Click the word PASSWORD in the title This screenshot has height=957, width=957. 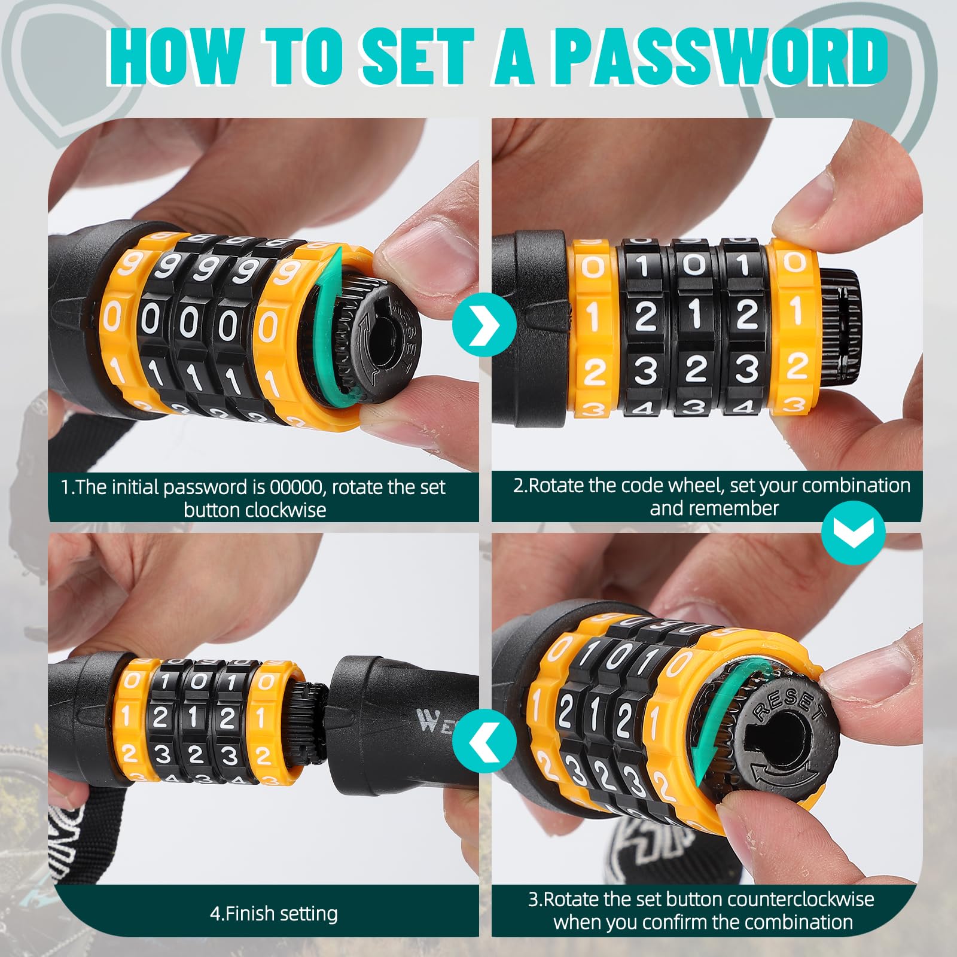click(720, 56)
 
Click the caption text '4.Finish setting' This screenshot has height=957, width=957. click(274, 913)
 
